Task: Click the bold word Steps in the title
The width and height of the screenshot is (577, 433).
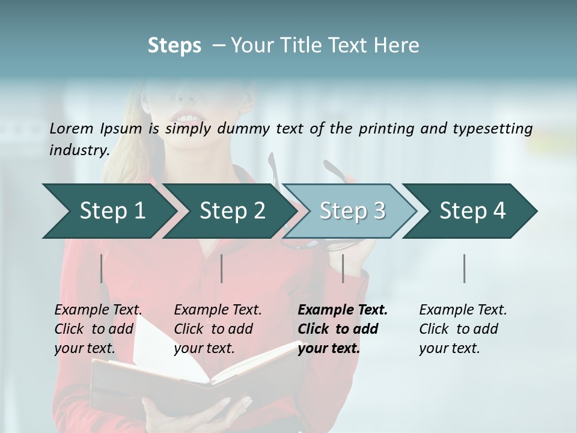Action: [174, 45]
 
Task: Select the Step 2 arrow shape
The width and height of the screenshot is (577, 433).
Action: [229, 210]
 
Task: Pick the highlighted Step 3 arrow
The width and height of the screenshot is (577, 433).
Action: [350, 210]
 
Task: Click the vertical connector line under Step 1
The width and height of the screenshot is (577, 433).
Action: [102, 268]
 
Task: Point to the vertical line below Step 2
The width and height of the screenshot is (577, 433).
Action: [222, 268]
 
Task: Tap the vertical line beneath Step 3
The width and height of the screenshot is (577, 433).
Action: [343, 268]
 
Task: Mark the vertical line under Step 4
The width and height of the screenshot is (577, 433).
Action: [464, 268]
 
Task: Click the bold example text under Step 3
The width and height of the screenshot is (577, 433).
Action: [342, 329]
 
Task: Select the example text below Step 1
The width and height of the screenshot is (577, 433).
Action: [97, 329]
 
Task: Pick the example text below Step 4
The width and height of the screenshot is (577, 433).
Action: [462, 329]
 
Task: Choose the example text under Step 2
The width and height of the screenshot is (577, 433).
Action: [217, 329]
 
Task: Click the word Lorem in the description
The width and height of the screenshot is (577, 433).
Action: [71, 128]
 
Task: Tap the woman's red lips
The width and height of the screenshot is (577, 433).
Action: [187, 117]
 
